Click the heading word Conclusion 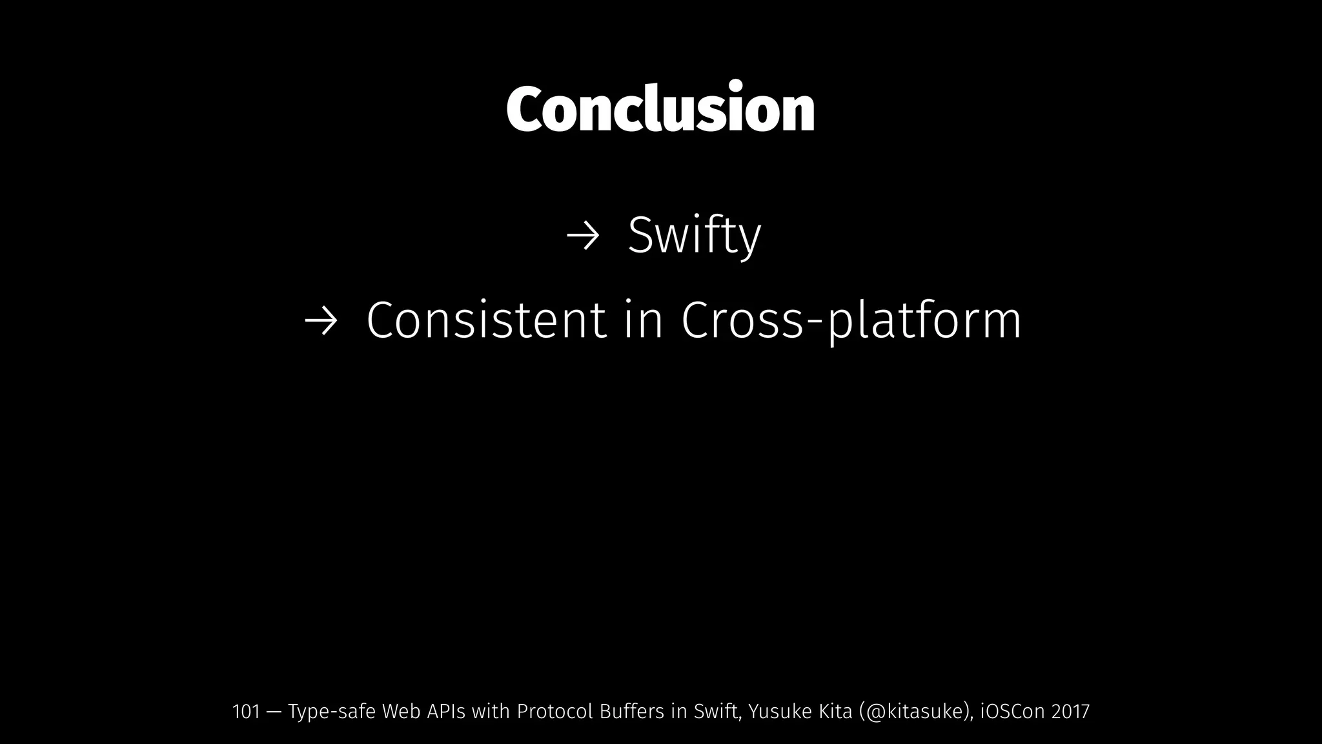click(660, 108)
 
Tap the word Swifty click(694, 236)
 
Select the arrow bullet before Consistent click(321, 320)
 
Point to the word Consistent click(486, 320)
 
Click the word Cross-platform click(851, 320)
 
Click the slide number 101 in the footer click(245, 712)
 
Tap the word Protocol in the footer click(554, 712)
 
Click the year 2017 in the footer click(1070, 712)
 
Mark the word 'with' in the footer click(491, 712)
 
